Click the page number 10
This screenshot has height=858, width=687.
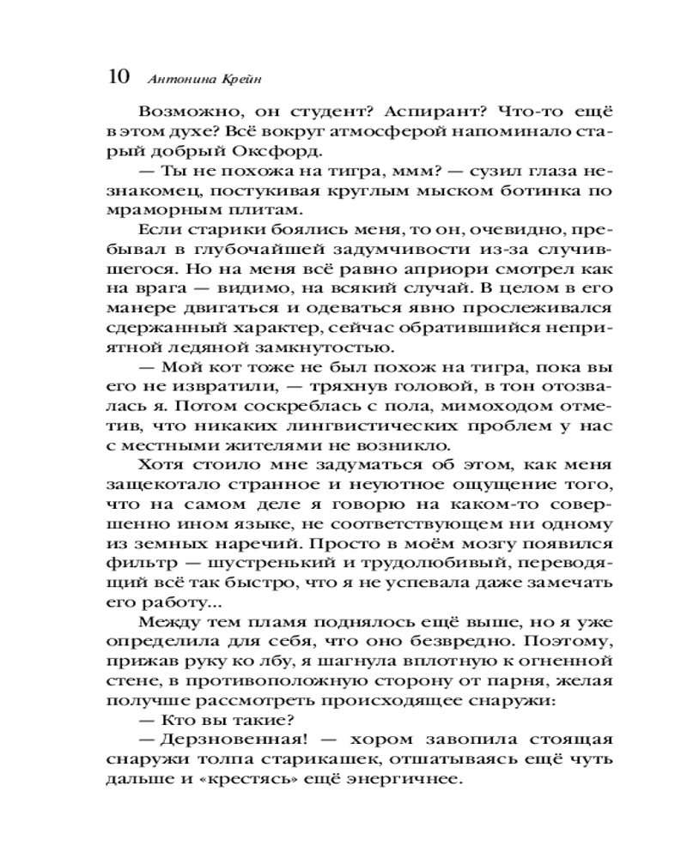[119, 76]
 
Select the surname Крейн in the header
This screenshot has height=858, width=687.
[236, 78]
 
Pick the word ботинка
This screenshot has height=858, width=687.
[548, 191]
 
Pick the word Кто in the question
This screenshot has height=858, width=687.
[173, 721]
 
